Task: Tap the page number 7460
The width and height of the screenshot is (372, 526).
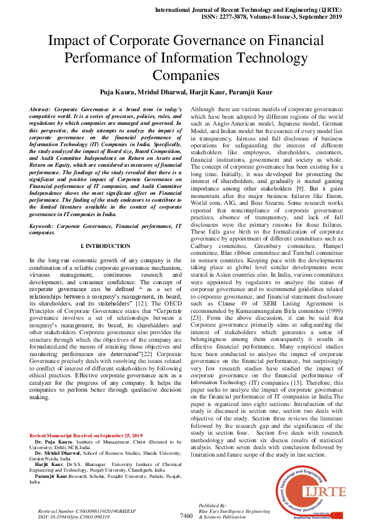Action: click(x=186, y=515)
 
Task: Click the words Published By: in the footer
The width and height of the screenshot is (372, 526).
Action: click(x=212, y=505)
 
